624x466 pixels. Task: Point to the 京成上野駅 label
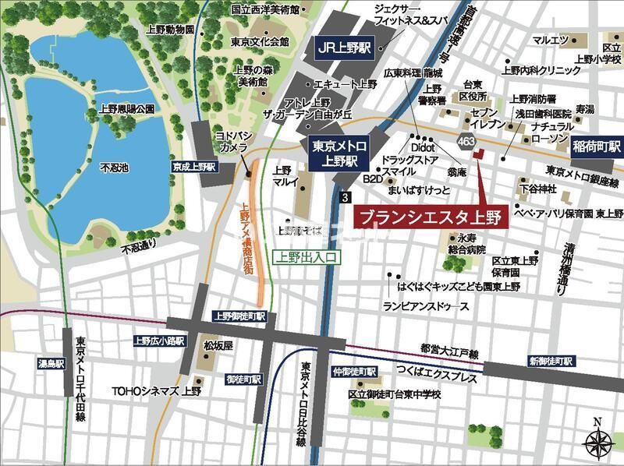click(195, 167)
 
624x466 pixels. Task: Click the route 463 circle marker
click(466, 141)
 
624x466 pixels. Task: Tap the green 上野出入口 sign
click(307, 256)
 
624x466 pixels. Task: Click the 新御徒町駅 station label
click(551, 362)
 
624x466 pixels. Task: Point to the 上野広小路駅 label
click(158, 341)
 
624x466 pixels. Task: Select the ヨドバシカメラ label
click(232, 140)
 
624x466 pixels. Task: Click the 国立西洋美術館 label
click(265, 9)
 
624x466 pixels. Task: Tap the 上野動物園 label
click(170, 30)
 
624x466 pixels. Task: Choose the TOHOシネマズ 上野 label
click(156, 391)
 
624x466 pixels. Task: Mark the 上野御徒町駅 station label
click(239, 316)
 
